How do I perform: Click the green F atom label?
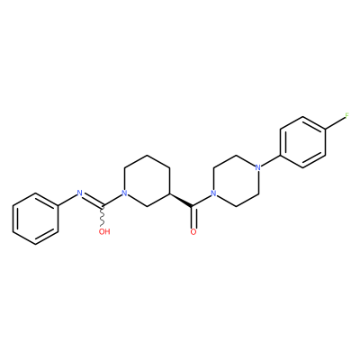347,116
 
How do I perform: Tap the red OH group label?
104,231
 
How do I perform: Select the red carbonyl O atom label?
193,231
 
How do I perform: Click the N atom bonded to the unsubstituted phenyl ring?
80,193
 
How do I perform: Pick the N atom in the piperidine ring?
124,193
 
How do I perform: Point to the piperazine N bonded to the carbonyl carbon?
213,193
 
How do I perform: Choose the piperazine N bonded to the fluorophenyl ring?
257,167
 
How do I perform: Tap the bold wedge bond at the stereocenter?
181,200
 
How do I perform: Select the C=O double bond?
193,217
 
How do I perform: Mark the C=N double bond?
93,200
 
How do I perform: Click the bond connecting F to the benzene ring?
335,123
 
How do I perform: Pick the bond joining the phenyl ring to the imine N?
67,200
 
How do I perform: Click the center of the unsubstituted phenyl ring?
35,219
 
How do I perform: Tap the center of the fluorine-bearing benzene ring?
302,142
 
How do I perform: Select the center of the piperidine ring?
147,181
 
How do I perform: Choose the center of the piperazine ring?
236,180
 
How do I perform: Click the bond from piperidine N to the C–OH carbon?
112,200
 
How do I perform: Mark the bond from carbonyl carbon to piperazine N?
202,200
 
